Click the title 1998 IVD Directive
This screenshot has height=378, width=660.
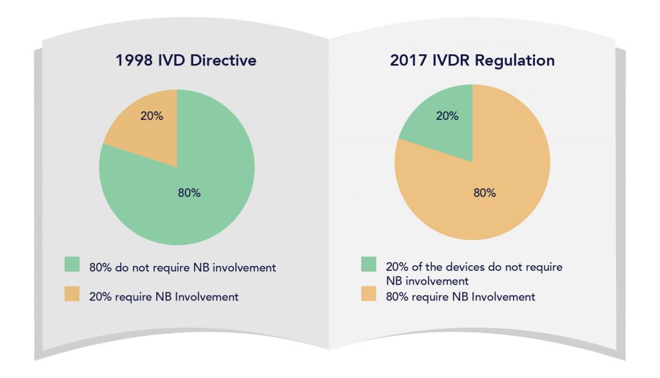pyautogui.click(x=186, y=61)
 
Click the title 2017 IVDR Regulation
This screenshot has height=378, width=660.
pyautogui.click(x=472, y=61)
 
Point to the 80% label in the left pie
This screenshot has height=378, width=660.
pyautogui.click(x=189, y=193)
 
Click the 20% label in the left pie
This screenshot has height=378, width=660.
pyautogui.click(x=151, y=116)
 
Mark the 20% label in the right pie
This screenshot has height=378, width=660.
pyautogui.click(x=447, y=116)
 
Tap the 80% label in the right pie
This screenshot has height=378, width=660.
pyautogui.click(x=484, y=193)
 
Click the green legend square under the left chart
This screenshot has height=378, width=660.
pyautogui.click(x=72, y=265)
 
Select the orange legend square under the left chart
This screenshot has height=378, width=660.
pyautogui.click(x=72, y=295)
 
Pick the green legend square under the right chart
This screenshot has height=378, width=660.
pyautogui.click(x=367, y=265)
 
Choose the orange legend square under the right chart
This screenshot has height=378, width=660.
pyautogui.click(x=367, y=296)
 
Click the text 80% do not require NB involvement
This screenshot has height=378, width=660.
pyautogui.click(x=182, y=267)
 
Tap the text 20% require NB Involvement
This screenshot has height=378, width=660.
pyautogui.click(x=164, y=297)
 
